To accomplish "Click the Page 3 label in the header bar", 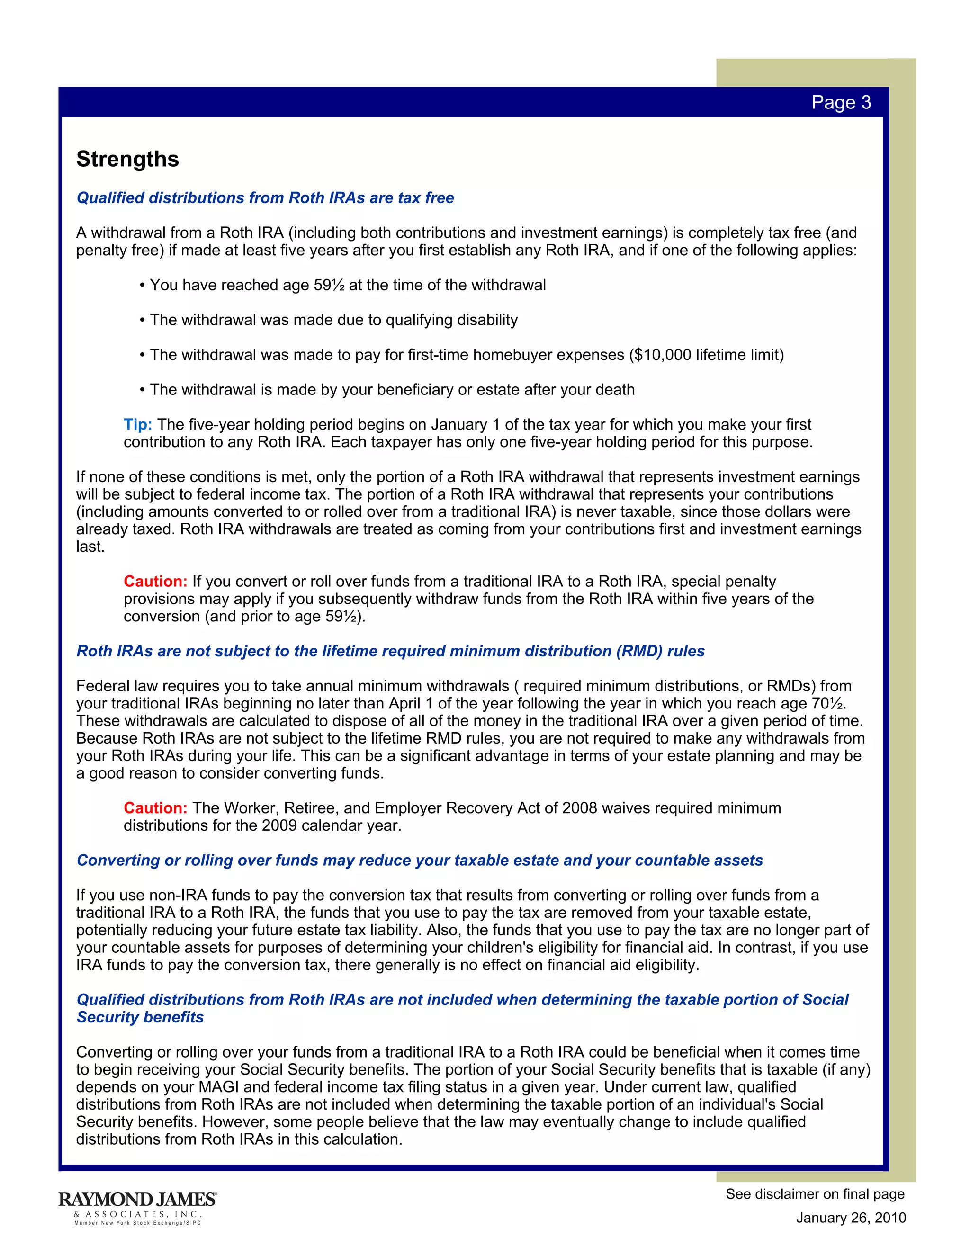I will (x=841, y=102).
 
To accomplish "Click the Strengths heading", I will (x=127, y=159).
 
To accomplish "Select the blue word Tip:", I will (x=138, y=425).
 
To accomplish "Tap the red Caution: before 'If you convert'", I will (x=155, y=582).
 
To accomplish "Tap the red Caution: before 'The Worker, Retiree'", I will (x=155, y=808).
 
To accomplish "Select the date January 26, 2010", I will (x=851, y=1218).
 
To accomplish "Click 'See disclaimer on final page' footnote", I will (x=815, y=1194).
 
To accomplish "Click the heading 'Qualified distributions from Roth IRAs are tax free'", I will (x=265, y=198).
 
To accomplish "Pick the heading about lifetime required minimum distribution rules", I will (x=391, y=651).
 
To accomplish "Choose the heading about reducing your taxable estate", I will (x=420, y=860).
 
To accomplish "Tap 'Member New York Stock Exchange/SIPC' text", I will (x=138, y=1223).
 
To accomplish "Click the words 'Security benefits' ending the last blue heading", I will (x=140, y=1017).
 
